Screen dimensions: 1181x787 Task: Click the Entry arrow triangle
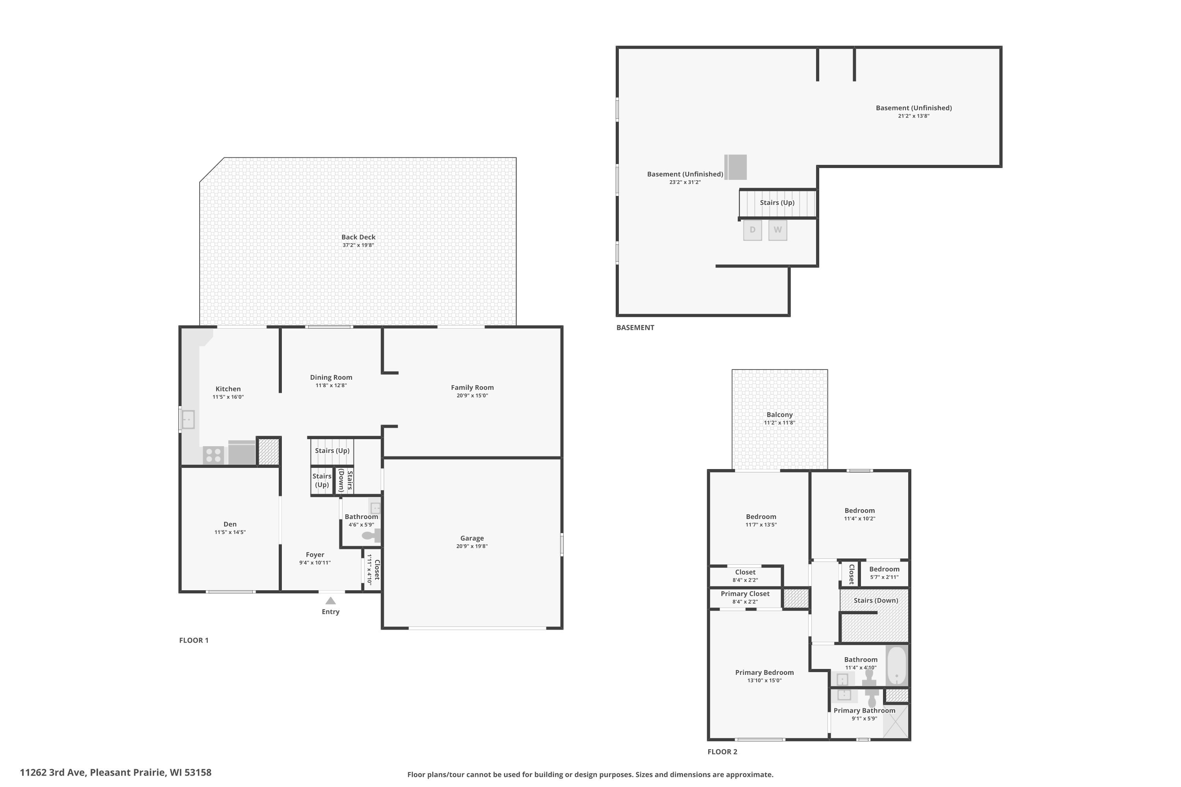pyautogui.click(x=330, y=601)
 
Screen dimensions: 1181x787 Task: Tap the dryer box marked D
pyautogui.click(x=752, y=230)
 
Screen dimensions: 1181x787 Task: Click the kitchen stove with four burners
pyautogui.click(x=213, y=455)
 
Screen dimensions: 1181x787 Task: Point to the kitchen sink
pyautogui.click(x=187, y=419)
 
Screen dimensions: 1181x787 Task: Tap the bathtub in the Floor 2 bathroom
pyautogui.click(x=897, y=665)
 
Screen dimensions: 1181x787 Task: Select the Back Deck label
pyautogui.click(x=358, y=237)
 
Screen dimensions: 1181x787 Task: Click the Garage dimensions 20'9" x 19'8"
pyautogui.click(x=472, y=546)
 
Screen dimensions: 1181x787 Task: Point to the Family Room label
pyautogui.click(x=472, y=388)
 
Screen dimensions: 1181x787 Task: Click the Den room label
pyautogui.click(x=230, y=524)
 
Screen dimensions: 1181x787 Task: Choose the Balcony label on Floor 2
pyautogui.click(x=779, y=415)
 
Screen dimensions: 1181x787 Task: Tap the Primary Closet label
pyautogui.click(x=745, y=594)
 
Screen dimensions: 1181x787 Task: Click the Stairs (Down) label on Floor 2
pyautogui.click(x=876, y=600)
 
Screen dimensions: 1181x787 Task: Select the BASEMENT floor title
pyautogui.click(x=635, y=328)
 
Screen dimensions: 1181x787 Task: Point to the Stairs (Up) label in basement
pyautogui.click(x=777, y=203)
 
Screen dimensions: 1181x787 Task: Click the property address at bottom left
pyautogui.click(x=115, y=772)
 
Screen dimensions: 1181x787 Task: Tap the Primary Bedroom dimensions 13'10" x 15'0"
pyautogui.click(x=764, y=681)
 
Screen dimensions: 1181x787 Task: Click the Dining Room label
pyautogui.click(x=331, y=377)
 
